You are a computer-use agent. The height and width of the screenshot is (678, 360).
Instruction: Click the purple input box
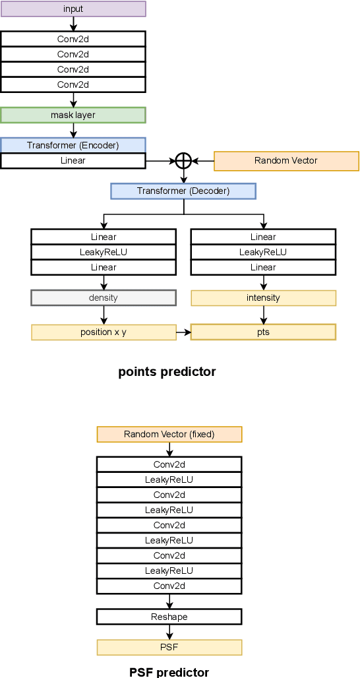tap(73, 9)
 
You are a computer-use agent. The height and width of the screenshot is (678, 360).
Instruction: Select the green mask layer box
tap(73, 115)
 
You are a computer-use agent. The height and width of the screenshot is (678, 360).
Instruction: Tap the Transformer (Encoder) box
tap(73, 145)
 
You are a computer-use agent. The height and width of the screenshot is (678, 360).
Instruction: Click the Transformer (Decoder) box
tap(183, 191)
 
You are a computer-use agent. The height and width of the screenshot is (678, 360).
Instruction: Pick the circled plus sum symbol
tap(183, 160)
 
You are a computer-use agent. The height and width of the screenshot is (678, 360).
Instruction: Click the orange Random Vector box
tap(285, 161)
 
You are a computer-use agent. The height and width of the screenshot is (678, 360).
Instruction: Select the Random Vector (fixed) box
tap(169, 434)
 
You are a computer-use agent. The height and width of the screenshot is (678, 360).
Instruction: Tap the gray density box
tap(103, 297)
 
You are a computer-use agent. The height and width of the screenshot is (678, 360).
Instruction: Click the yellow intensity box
tap(263, 298)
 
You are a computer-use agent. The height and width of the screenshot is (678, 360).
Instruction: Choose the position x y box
tap(103, 332)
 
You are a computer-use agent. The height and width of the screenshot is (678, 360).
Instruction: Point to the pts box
tap(263, 332)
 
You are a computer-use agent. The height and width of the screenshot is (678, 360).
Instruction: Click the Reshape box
tap(169, 617)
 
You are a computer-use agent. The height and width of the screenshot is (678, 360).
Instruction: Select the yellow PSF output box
tap(169, 647)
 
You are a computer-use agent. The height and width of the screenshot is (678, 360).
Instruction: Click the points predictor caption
tap(167, 372)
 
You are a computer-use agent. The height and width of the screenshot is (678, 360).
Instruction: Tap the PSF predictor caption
tap(169, 672)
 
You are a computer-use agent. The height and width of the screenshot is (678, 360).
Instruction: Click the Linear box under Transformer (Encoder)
tap(73, 160)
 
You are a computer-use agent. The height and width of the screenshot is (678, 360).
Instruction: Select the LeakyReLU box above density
tap(103, 252)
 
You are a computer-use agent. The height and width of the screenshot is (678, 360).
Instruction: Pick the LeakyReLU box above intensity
tap(263, 252)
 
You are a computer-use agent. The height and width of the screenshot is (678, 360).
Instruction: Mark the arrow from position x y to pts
tap(183, 332)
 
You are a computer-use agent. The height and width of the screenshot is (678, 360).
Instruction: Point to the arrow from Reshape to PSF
tap(169, 632)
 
